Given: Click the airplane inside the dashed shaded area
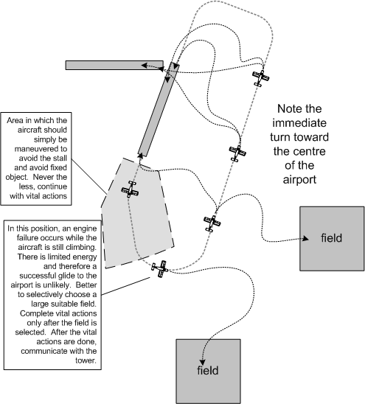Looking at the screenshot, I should coord(130,189).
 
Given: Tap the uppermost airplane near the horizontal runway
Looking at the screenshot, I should coord(259,77).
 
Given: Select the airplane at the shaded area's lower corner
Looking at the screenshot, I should coord(159,269).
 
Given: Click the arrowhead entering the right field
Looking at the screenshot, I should coord(305,239).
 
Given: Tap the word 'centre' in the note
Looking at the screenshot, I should coord(302,153).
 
